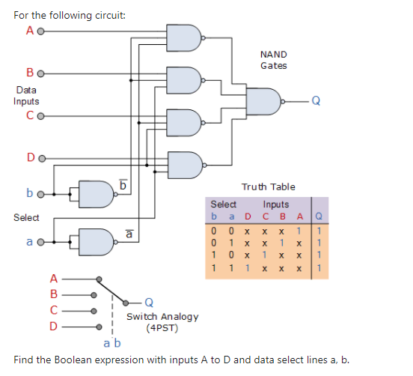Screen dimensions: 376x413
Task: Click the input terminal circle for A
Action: point(42,31)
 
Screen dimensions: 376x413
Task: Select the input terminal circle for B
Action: point(42,75)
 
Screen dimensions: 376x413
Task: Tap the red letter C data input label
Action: point(29,116)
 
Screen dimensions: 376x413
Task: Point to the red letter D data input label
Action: point(30,158)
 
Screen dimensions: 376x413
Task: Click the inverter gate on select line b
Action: point(96,193)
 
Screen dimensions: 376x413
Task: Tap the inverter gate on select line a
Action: point(96,241)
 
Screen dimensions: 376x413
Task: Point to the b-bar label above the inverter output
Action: point(124,182)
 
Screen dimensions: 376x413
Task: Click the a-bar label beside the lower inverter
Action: point(128,234)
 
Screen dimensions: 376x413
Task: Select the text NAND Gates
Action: point(273,60)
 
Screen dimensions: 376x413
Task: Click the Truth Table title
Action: point(268,187)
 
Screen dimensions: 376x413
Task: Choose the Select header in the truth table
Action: point(223,204)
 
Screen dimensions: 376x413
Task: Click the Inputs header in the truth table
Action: point(275,204)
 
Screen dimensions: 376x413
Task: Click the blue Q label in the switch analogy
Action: point(149,303)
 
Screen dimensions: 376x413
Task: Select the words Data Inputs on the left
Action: point(27,95)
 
